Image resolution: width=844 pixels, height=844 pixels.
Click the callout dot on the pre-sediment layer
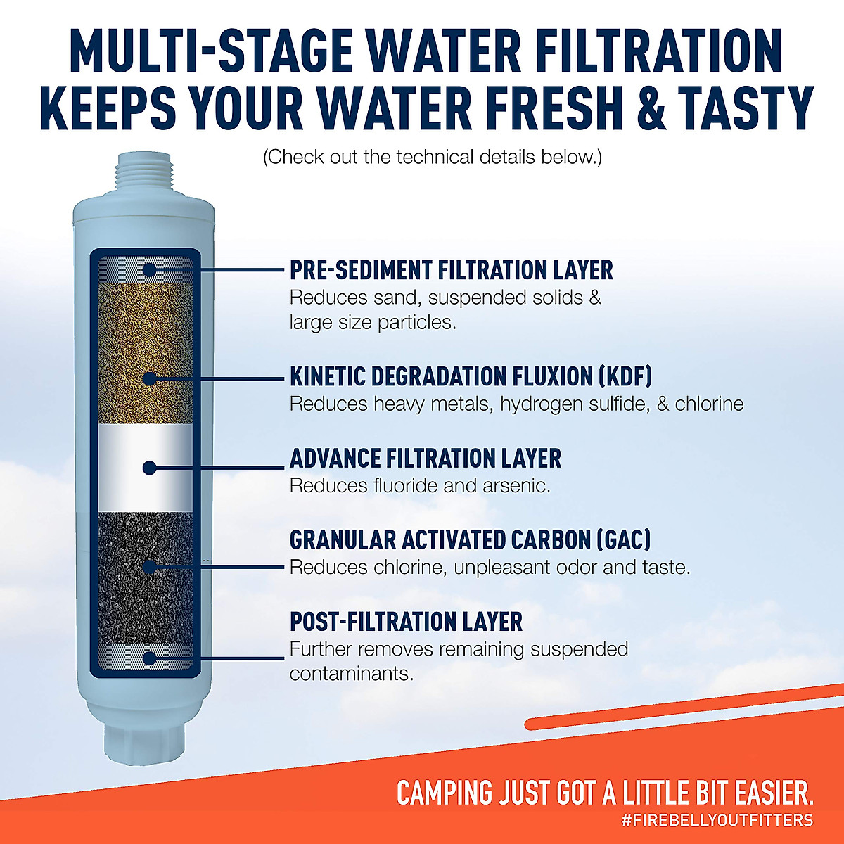point(149,269)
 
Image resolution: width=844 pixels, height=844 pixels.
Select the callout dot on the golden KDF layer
point(148,378)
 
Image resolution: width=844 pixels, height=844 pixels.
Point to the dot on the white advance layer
point(148,468)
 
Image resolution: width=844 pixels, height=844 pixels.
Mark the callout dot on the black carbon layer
point(148,566)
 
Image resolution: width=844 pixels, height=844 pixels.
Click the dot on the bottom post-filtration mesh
point(148,658)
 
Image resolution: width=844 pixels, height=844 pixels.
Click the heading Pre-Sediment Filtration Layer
point(451,270)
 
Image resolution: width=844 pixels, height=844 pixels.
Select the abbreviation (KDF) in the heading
point(625,376)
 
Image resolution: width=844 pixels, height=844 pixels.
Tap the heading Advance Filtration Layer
point(425,459)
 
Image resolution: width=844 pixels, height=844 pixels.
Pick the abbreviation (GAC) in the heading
point(623,540)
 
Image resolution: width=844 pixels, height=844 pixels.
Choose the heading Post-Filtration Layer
point(406,622)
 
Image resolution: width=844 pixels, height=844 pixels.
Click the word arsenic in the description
point(516,486)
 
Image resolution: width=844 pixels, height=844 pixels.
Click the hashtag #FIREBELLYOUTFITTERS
point(717,820)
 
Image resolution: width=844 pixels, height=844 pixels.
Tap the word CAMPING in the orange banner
point(445,793)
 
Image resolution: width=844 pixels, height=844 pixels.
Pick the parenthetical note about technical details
point(432,157)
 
